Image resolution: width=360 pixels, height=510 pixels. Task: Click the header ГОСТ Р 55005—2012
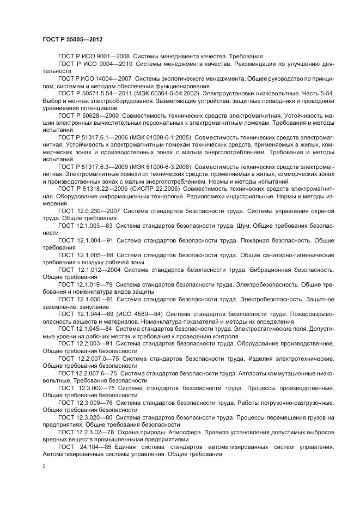72,40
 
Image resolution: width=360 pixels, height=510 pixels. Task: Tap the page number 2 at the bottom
44,466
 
